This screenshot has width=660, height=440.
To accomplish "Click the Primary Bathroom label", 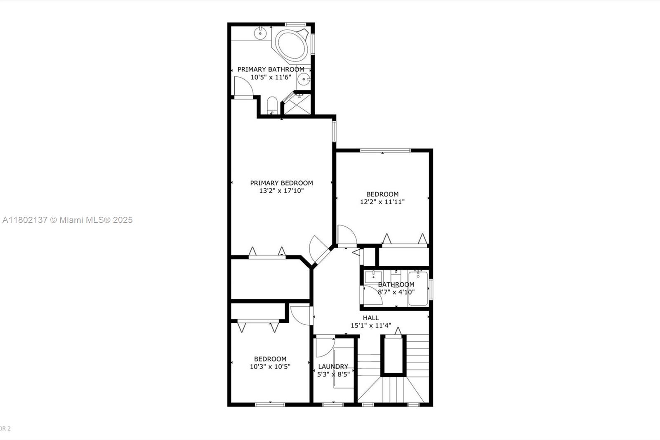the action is pos(271,69).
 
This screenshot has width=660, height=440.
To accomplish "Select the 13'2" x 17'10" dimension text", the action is pos(281,191).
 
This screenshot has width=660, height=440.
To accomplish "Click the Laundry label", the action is pos(333,367).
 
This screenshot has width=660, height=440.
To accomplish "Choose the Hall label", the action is pos(371,318).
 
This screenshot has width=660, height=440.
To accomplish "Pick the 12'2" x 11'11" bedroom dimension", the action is pos(382,202).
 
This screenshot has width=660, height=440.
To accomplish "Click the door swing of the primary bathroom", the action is pos(243,86).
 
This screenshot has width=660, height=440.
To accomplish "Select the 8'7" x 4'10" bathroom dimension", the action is pos(396,292).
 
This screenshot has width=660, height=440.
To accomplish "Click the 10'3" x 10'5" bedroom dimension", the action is pos(270,367).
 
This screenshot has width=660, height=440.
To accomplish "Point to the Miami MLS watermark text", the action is pos(68,220).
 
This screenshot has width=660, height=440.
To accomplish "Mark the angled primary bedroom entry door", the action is pos(319,250).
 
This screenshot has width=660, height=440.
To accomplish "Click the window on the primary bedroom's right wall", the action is pos(334,132).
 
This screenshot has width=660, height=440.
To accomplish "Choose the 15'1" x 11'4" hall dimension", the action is pos(371,326).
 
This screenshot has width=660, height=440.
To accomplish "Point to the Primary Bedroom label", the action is pos(281,183).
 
